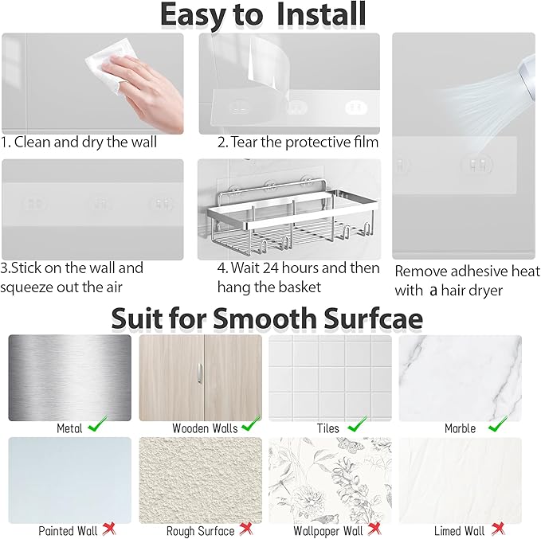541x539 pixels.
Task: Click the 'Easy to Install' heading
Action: [x=262, y=15]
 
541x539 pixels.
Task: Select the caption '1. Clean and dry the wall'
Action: [x=80, y=143]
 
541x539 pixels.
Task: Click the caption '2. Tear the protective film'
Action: [x=297, y=143]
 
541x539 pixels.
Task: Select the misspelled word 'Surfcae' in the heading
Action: [x=369, y=318]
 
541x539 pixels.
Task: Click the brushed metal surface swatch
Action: [x=69, y=377]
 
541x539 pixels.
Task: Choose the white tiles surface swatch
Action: [x=330, y=376]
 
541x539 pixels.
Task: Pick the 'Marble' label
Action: [x=460, y=428]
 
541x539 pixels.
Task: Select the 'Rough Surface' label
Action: [x=200, y=530]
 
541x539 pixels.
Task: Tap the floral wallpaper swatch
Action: [x=330, y=478]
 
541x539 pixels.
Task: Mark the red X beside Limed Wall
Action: [x=497, y=529]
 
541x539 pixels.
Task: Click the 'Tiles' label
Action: [x=326, y=428]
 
